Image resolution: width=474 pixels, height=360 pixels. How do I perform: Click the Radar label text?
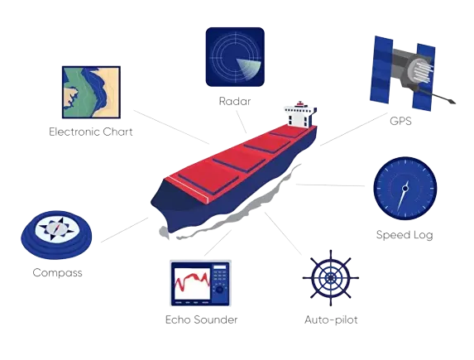tap(235, 101)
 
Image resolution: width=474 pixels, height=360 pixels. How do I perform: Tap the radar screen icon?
tap(235, 57)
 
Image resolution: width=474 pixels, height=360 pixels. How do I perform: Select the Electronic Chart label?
tap(91, 132)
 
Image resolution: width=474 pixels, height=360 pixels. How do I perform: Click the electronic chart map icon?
tap(91, 92)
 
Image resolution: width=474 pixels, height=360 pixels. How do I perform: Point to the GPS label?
tap(400, 121)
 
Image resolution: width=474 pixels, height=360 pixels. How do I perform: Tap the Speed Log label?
tap(405, 235)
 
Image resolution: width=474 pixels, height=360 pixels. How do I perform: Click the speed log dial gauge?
tap(405, 188)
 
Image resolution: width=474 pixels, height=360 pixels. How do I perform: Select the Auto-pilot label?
tap(331, 319)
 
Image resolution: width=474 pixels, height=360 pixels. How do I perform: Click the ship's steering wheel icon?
tap(331, 278)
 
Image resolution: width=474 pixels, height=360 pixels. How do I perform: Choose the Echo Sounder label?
tap(201, 319)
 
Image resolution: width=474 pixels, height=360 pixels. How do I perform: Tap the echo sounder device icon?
tap(200, 283)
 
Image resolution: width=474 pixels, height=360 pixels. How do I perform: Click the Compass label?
tap(57, 272)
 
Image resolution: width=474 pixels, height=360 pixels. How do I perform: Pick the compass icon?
tap(56, 234)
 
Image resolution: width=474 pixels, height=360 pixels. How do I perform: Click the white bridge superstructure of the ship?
tap(300, 115)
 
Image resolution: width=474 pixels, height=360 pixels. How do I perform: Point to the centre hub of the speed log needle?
tap(405, 189)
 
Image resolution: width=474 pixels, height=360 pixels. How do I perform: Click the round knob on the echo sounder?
tap(220, 290)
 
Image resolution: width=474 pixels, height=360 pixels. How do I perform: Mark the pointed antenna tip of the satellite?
tap(452, 102)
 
